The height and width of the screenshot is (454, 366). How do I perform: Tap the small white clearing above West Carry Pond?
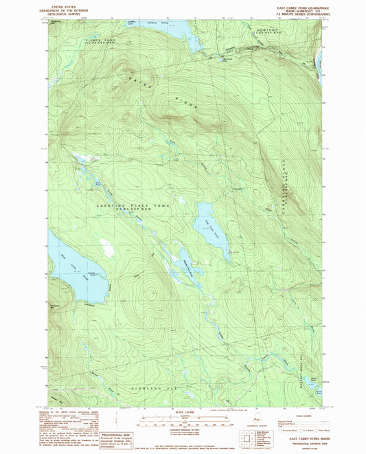coord(106,247)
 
